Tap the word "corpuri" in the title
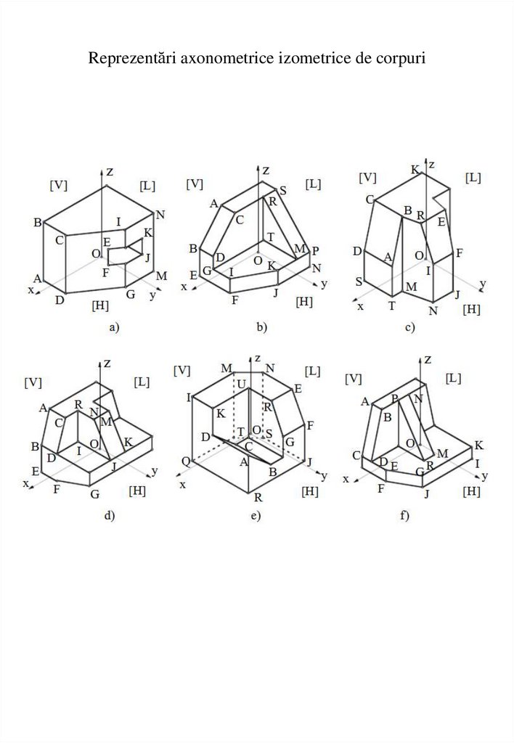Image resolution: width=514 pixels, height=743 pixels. tap(400, 57)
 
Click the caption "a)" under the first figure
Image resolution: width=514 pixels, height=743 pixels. tap(113, 328)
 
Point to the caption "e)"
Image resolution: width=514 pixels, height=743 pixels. tap(255, 516)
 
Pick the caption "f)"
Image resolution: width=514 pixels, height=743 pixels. tap(404, 516)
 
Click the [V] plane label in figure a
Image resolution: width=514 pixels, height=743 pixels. tap(58, 185)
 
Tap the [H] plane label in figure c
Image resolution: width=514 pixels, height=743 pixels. tap(472, 310)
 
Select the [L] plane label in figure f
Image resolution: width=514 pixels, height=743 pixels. tap(454, 378)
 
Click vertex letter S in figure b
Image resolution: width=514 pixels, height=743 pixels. tap(282, 190)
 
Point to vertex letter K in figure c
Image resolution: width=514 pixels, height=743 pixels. tap(415, 170)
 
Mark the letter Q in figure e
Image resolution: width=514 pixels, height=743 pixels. tap(187, 462)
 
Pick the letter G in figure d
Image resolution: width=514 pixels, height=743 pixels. tap(94, 494)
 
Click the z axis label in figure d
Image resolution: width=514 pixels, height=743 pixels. tap(107, 361)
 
